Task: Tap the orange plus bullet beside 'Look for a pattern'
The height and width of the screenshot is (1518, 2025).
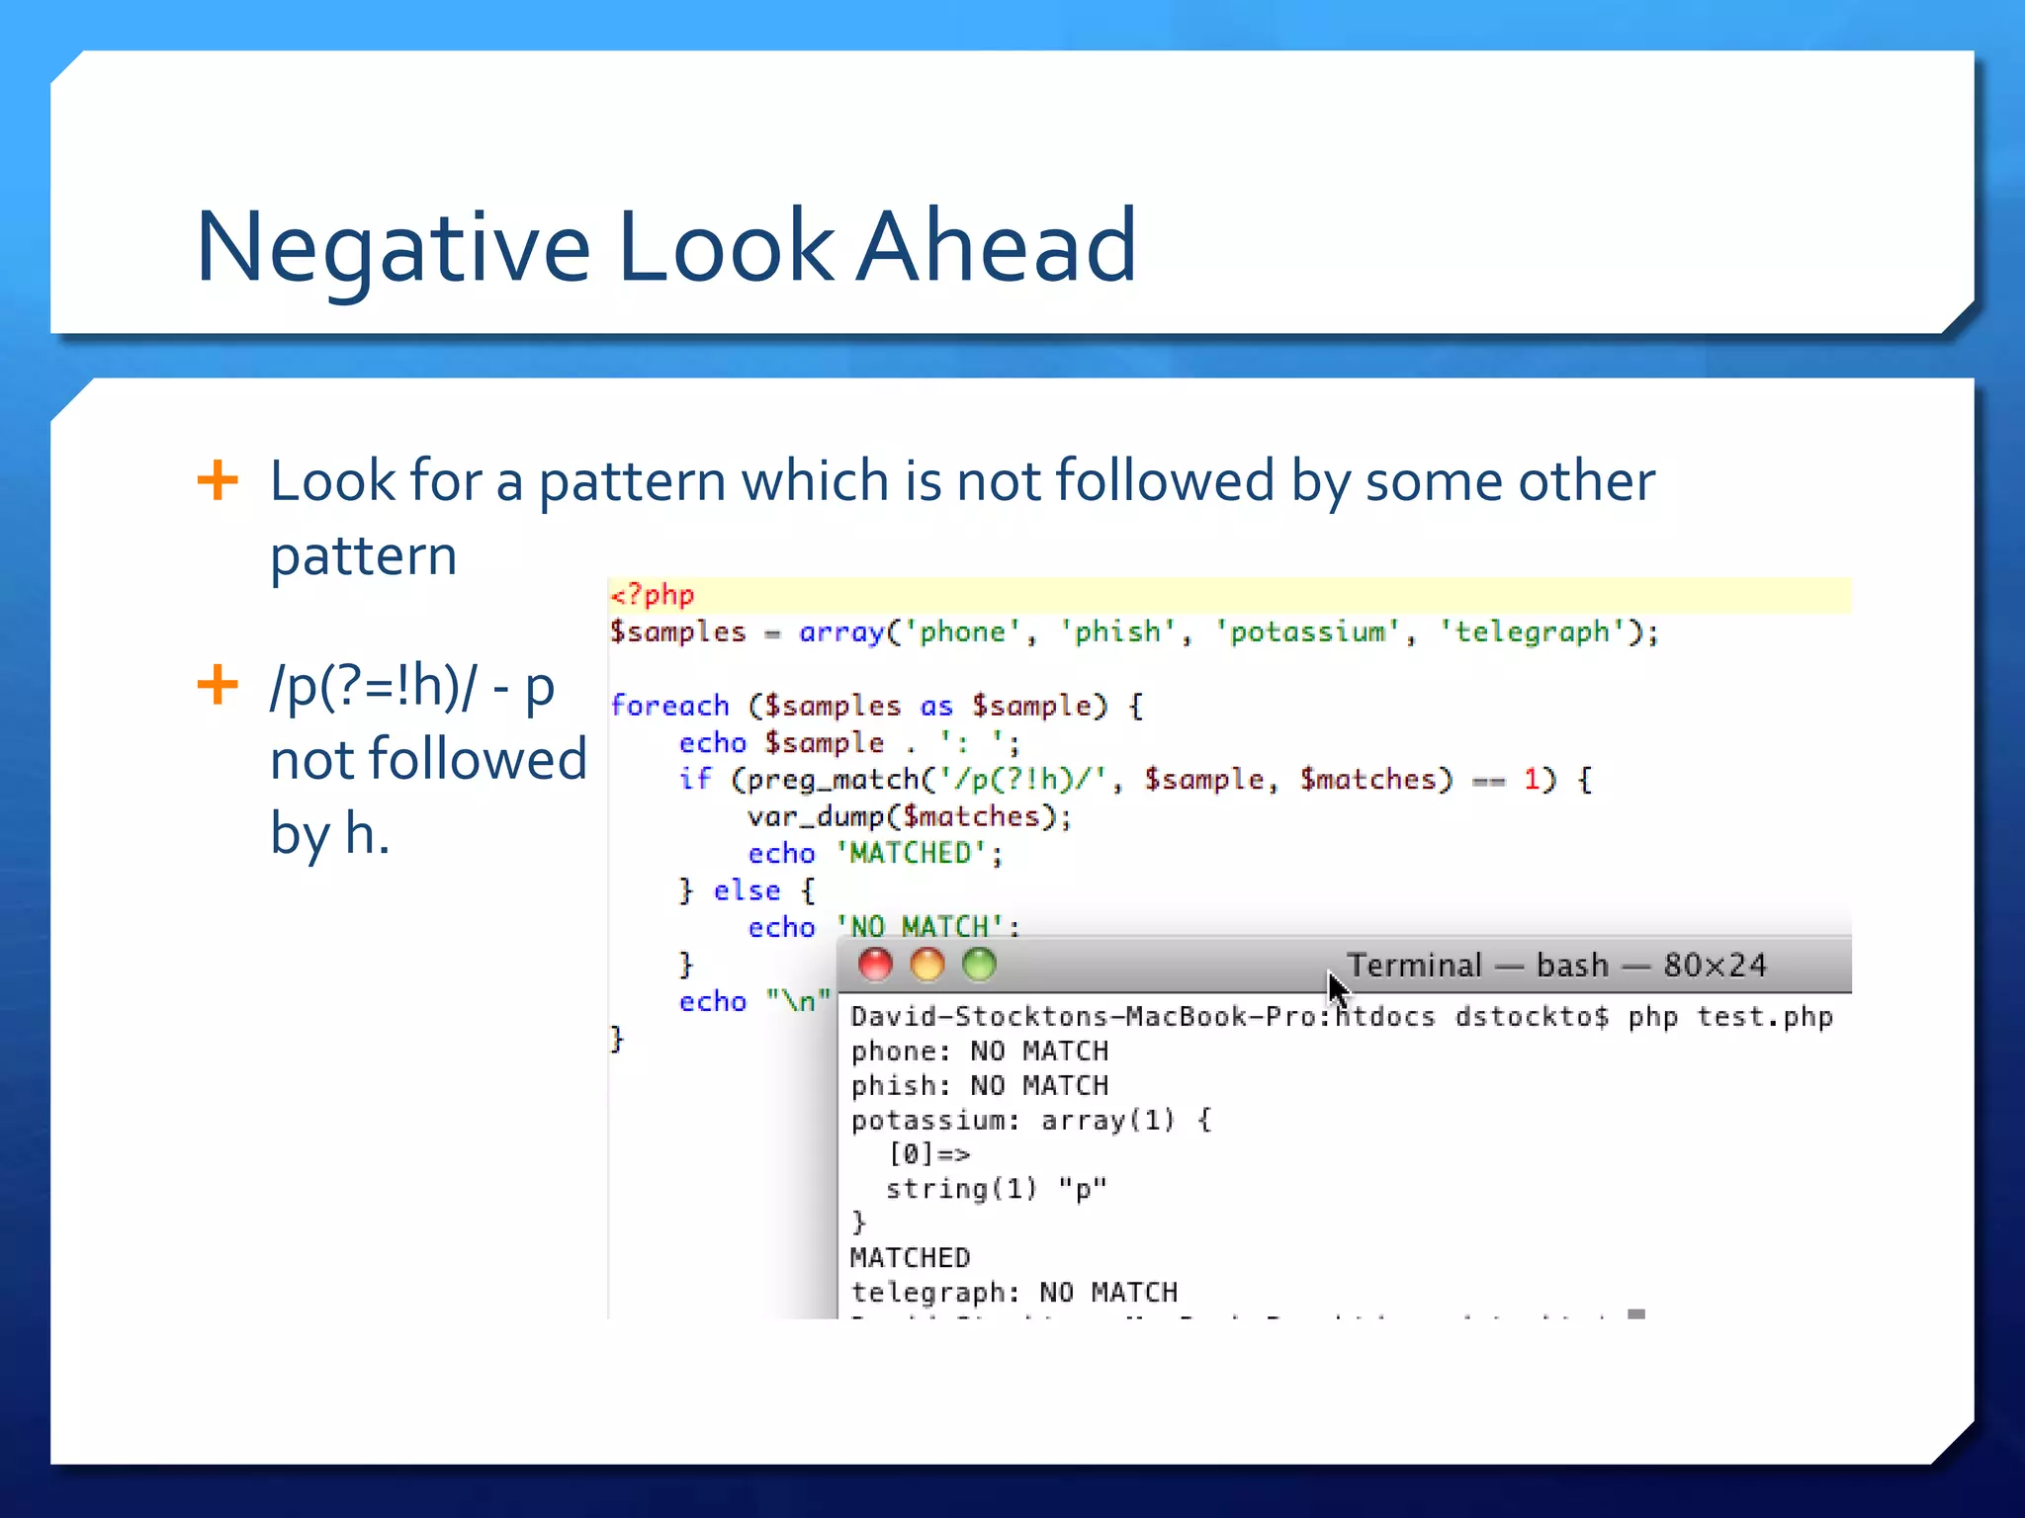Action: [x=218, y=481]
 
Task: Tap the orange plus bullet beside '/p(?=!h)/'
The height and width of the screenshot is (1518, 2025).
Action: [x=218, y=685]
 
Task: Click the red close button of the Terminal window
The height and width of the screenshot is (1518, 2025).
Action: [x=875, y=965]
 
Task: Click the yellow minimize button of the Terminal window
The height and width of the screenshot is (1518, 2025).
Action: [x=927, y=965]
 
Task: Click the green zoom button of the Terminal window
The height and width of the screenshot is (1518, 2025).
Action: [x=979, y=965]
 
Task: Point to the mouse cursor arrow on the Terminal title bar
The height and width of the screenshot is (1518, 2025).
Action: [x=1337, y=987]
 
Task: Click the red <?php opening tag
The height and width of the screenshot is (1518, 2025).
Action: [x=653, y=595]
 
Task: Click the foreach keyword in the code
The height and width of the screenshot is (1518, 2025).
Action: [x=669, y=706]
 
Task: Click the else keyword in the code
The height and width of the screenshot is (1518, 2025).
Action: [x=747, y=890]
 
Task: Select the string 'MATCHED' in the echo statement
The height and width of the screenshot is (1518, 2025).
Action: [x=911, y=854]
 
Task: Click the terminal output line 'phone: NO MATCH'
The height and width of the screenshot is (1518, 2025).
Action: [x=979, y=1052]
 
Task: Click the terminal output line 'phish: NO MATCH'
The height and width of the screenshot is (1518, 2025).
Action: [x=979, y=1086]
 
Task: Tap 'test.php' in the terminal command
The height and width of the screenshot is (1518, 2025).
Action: [x=1765, y=1017]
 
